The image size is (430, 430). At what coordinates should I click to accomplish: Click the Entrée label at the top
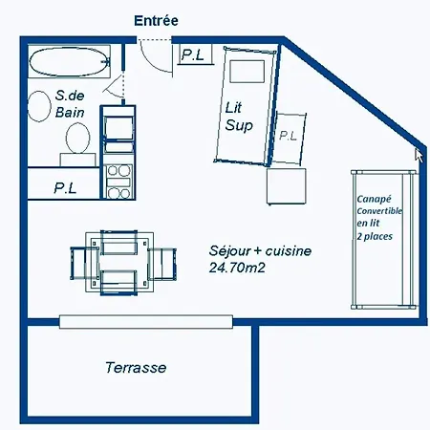pos(156,21)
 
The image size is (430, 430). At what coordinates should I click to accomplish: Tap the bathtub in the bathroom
pos(69,62)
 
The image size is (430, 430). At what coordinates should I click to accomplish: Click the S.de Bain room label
pos(70,104)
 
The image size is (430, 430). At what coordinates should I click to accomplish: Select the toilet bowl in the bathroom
pos(78,138)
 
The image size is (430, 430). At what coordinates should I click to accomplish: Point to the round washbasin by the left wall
pos(39,106)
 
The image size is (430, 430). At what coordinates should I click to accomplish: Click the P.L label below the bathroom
pos(65,188)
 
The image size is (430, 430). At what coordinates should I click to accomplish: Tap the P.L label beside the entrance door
pos(193,54)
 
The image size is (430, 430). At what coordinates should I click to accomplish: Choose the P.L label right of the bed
pos(289,136)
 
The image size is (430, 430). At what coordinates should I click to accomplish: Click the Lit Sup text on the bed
pos(239,117)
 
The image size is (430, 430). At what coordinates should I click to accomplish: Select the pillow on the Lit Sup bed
pos(247,72)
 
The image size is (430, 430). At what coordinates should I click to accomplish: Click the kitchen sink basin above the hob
pos(118,128)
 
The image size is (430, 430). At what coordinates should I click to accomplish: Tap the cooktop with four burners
pos(118,182)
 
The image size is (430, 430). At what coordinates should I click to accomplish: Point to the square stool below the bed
pos(287,186)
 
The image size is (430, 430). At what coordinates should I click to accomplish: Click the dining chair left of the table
pos(83,264)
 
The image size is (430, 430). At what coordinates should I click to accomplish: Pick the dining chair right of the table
pos(162,264)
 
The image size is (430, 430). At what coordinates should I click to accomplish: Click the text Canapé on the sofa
pos(374,200)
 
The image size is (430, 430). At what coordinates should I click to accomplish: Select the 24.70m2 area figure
pos(237,268)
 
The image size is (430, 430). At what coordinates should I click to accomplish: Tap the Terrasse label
pos(136,368)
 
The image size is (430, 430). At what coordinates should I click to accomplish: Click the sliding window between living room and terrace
pos(146,322)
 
